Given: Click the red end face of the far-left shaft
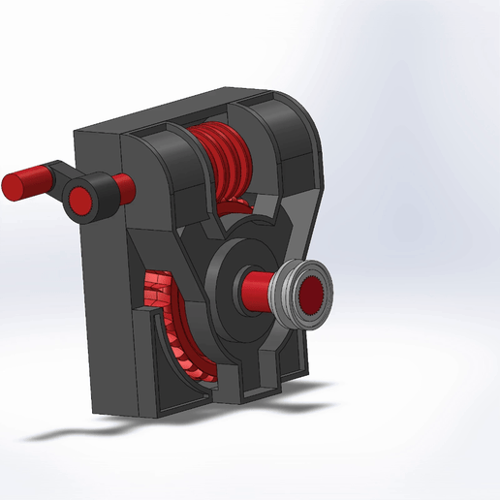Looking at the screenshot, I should coord(16,184).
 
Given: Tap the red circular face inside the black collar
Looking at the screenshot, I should coord(79,197).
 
